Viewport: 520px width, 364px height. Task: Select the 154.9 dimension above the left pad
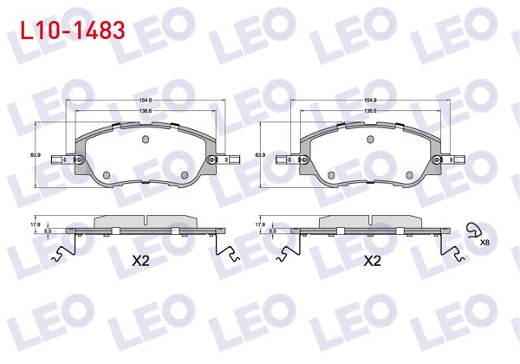tap(145, 101)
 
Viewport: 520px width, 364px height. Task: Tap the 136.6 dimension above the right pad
tap(369, 111)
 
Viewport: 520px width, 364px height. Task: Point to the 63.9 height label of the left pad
tap(36, 154)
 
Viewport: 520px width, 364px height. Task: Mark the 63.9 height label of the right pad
tap(259, 154)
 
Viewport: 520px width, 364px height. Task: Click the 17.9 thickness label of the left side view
tap(36, 224)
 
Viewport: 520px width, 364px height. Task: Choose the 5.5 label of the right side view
tap(271, 231)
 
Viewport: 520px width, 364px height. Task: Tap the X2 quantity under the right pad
tap(372, 260)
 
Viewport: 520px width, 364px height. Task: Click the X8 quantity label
tap(484, 244)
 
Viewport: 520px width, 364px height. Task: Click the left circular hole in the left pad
tap(107, 176)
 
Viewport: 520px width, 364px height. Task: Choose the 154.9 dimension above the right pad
tap(369, 101)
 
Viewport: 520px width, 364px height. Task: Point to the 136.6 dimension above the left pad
tap(145, 111)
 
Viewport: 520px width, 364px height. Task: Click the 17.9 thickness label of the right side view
tap(260, 224)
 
